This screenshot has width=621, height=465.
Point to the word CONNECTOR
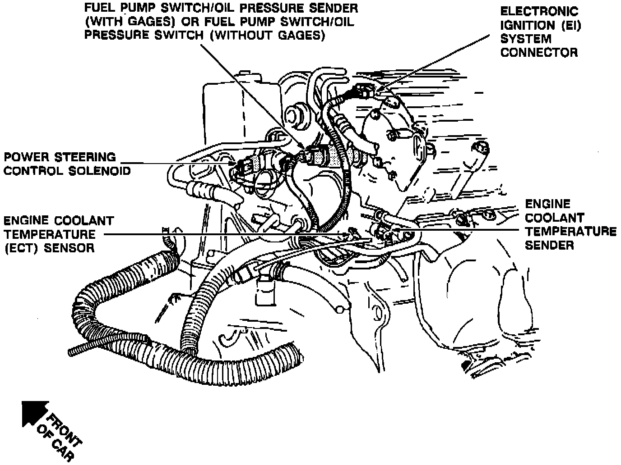coord(539,52)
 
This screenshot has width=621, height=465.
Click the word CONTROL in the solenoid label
coord(33,171)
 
